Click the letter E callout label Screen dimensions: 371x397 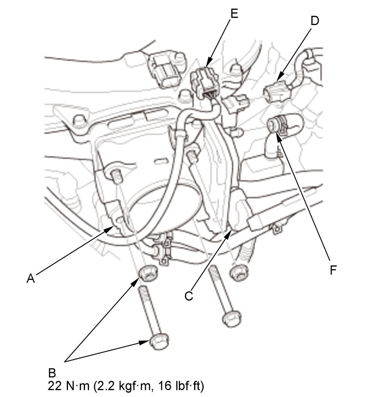click(x=234, y=14)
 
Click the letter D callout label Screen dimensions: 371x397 click(x=314, y=21)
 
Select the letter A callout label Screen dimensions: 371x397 click(x=31, y=278)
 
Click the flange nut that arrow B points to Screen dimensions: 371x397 click(x=148, y=273)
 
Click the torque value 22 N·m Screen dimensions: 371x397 click(x=68, y=386)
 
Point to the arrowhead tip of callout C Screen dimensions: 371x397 click(x=232, y=230)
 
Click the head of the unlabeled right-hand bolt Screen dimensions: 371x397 click(x=232, y=319)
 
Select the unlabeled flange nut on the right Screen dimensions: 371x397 click(x=239, y=273)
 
